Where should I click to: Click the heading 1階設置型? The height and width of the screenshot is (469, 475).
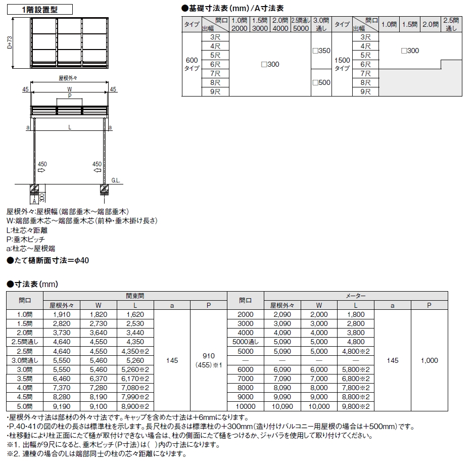(x=40, y=9)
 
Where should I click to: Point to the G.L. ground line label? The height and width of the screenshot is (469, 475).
(x=116, y=180)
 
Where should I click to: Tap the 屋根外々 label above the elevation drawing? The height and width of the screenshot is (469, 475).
(x=68, y=78)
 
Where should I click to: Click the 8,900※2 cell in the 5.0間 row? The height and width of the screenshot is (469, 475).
(x=135, y=406)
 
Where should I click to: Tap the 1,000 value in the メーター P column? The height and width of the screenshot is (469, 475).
(x=429, y=360)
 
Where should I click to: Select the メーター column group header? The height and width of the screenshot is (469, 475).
(x=356, y=296)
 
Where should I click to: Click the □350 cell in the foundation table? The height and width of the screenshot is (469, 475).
(x=321, y=51)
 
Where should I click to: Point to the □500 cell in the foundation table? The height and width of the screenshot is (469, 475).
(x=321, y=82)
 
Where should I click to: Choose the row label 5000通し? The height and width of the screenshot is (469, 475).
(x=246, y=342)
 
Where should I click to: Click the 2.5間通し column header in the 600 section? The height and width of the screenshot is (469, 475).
(x=300, y=24)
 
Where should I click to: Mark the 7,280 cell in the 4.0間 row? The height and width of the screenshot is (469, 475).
(x=99, y=388)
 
